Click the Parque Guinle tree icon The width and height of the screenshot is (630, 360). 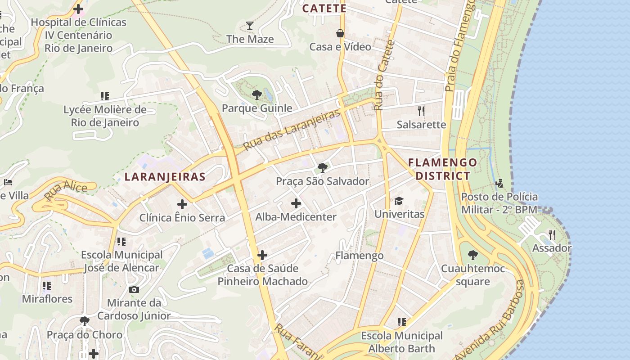pyautogui.click(x=256, y=94)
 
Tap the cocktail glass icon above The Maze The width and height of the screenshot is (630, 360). pyautogui.click(x=250, y=26)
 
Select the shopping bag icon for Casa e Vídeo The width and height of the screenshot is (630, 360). pyautogui.click(x=340, y=33)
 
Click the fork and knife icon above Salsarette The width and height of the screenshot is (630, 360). pyautogui.click(x=421, y=111)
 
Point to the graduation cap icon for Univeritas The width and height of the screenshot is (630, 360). pyautogui.click(x=399, y=200)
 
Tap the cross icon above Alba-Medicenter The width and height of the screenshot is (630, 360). pyautogui.click(x=296, y=203)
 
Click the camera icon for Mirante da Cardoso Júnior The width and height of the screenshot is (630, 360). pyautogui.click(x=134, y=289)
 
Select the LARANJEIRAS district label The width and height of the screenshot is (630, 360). pyautogui.click(x=165, y=177)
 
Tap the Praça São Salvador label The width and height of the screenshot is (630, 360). pyautogui.click(x=323, y=181)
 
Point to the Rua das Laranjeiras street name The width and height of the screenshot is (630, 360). pyautogui.click(x=292, y=130)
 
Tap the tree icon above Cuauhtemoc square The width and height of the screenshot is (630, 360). pyautogui.click(x=472, y=255)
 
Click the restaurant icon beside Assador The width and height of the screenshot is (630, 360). pyautogui.click(x=552, y=234)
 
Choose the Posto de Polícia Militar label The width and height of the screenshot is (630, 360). pyautogui.click(x=499, y=203)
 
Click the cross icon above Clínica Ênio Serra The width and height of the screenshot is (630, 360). pyautogui.click(x=182, y=204)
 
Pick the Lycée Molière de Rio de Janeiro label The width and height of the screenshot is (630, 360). pyautogui.click(x=105, y=116)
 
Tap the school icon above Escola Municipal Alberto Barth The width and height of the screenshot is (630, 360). pyautogui.click(x=401, y=322)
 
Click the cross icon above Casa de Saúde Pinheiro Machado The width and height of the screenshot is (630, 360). pyautogui.click(x=262, y=256)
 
